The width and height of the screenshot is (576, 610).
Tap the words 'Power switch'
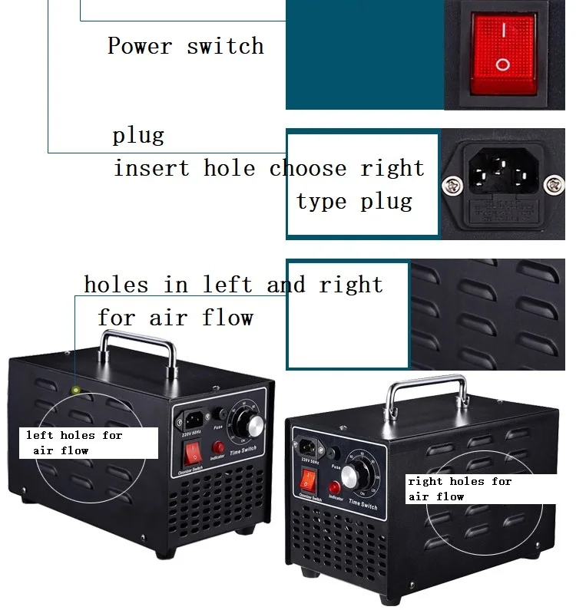[x=185, y=46]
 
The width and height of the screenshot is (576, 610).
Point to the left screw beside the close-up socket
[x=451, y=184]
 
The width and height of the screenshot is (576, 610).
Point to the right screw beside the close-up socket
[x=555, y=183]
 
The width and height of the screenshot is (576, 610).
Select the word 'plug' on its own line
[x=138, y=137]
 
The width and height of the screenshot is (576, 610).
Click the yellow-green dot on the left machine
[x=75, y=390]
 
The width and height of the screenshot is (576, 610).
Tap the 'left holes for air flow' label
[x=74, y=443]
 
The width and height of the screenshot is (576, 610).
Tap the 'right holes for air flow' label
[x=459, y=489]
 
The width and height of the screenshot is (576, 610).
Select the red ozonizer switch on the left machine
[x=193, y=452]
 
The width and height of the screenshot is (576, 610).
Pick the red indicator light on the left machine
[x=218, y=447]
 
